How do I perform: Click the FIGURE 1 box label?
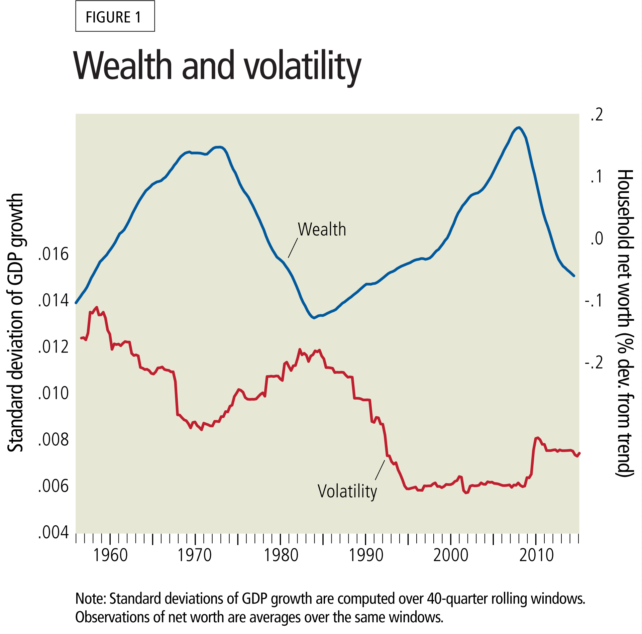click(x=115, y=17)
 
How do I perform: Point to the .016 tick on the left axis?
click(x=53, y=254)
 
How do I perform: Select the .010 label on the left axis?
click(x=53, y=393)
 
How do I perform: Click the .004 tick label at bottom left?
click(x=53, y=532)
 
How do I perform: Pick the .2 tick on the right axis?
click(x=597, y=115)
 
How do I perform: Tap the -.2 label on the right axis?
click(x=594, y=362)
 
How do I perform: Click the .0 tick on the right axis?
click(x=597, y=239)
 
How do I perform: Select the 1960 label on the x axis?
click(x=110, y=555)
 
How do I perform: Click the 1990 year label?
click(x=366, y=555)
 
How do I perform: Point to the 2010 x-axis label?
click(x=536, y=555)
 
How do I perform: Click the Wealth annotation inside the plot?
click(x=322, y=229)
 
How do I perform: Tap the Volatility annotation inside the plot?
click(x=347, y=491)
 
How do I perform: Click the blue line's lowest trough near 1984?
click(x=314, y=318)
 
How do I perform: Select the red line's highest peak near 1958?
click(x=97, y=307)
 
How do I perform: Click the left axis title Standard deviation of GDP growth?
click(x=15, y=323)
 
